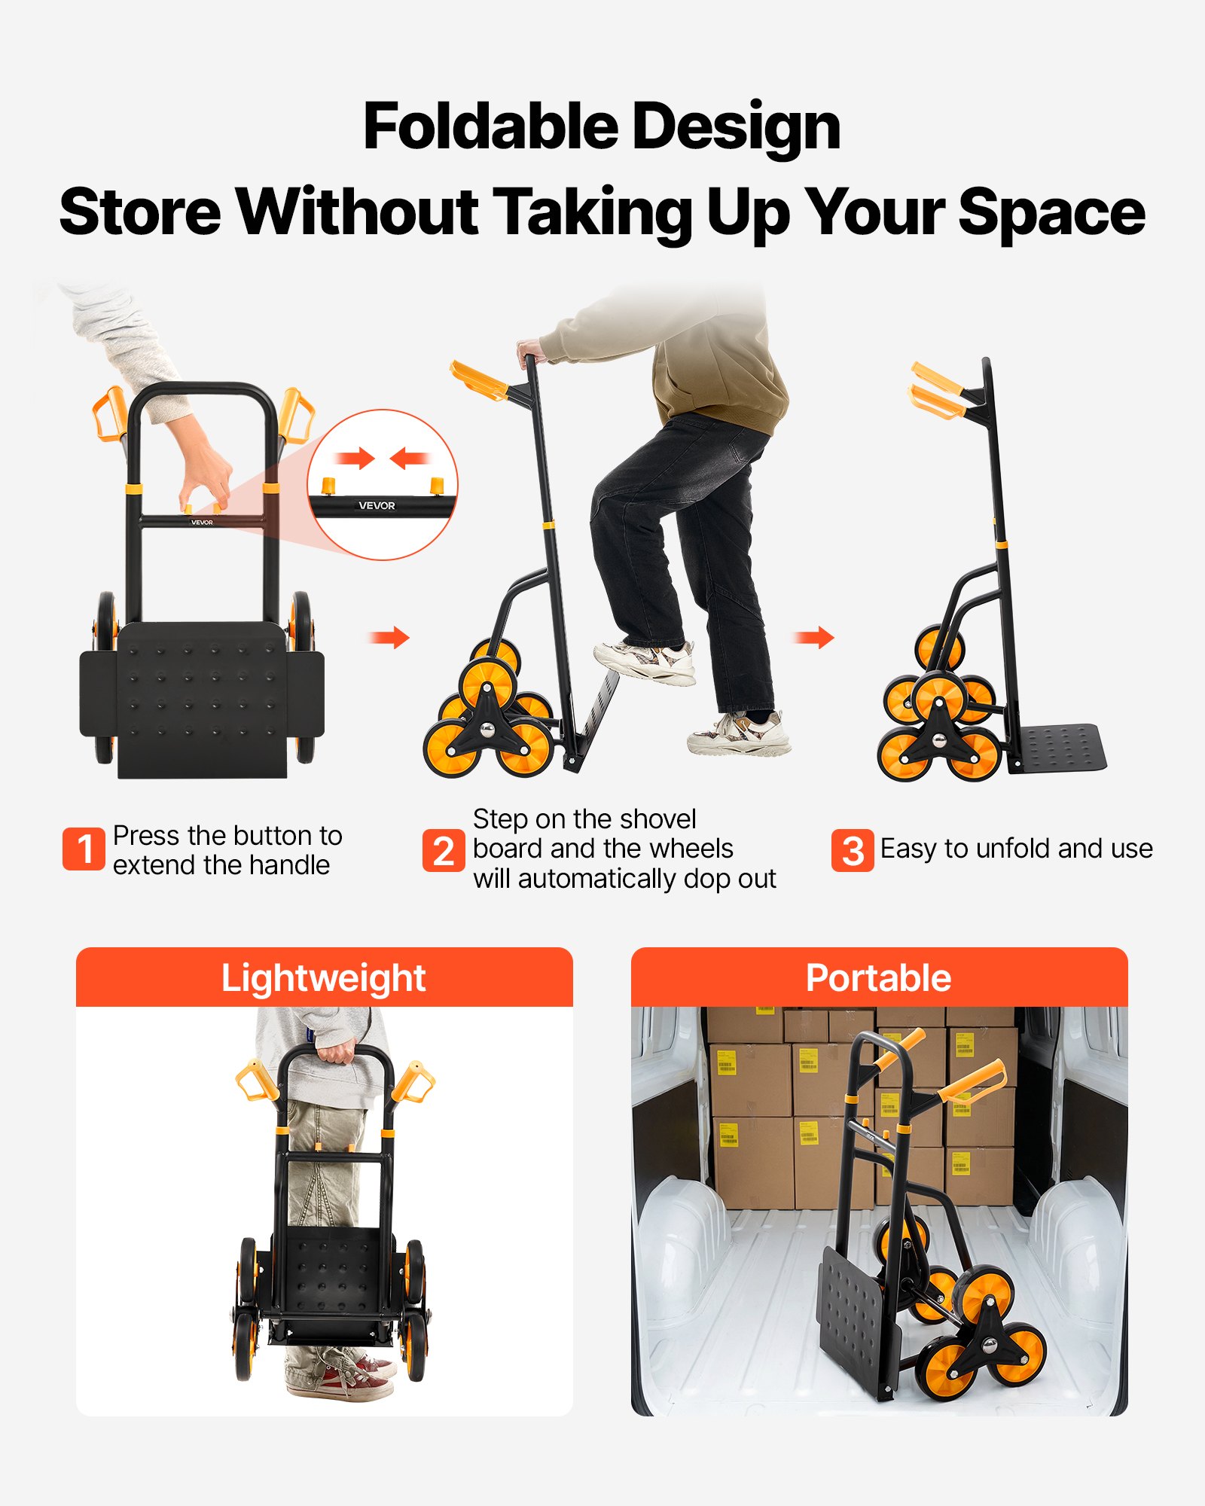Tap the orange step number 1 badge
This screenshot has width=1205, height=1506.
84,849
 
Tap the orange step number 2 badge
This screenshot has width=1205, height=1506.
444,851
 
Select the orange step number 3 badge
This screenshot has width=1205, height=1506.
853,851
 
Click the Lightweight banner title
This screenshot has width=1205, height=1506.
323,978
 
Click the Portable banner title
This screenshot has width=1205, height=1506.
878,978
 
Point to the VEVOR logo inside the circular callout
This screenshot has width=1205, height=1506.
377,505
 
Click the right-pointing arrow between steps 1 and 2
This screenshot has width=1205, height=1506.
389,638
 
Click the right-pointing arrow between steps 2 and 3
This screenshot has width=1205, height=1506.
814,638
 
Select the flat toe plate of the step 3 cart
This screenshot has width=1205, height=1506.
1061,747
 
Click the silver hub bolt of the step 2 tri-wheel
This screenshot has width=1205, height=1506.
488,729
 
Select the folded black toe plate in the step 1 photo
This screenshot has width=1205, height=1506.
202,697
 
